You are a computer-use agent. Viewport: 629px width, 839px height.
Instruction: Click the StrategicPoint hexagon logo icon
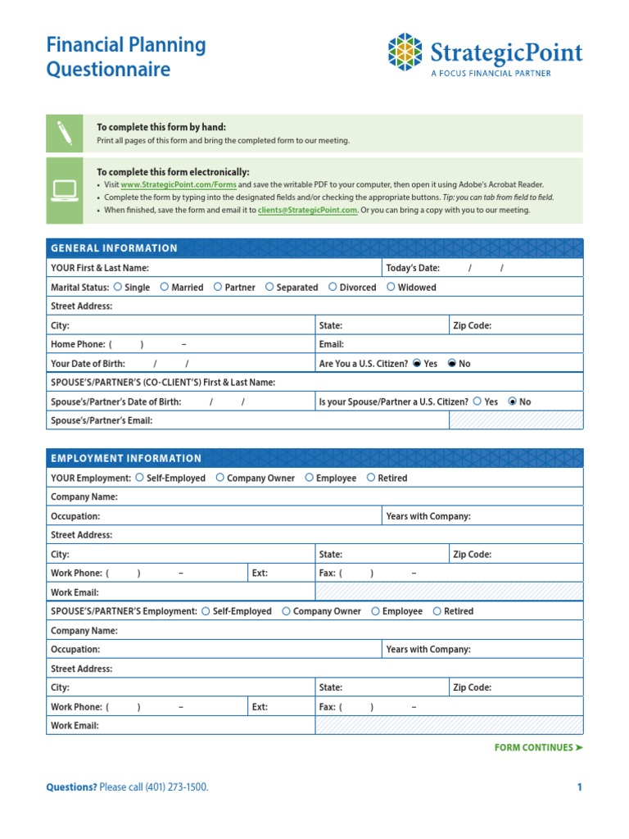pyautogui.click(x=405, y=52)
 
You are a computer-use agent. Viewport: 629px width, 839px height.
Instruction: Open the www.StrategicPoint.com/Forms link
pyautogui.click(x=179, y=185)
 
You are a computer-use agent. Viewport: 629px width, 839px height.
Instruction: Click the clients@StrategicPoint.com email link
pyautogui.click(x=308, y=210)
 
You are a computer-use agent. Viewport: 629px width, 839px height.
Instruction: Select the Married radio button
pyautogui.click(x=165, y=287)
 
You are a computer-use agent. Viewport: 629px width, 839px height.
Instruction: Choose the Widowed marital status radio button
pyautogui.click(x=391, y=287)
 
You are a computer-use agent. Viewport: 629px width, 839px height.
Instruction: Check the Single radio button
pyautogui.click(x=119, y=287)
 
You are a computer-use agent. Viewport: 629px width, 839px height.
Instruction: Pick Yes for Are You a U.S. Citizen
pyautogui.click(x=418, y=364)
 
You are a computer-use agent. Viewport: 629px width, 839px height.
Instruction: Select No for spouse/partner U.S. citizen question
pyautogui.click(x=514, y=401)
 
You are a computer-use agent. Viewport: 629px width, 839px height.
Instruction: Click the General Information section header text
pyautogui.click(x=114, y=248)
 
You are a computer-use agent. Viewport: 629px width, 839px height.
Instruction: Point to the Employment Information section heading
pyautogui.click(x=126, y=458)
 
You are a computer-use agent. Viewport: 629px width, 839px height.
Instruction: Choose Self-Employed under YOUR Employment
pyautogui.click(x=140, y=478)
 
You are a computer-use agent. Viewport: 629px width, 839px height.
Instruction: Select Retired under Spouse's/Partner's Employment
pyautogui.click(x=437, y=611)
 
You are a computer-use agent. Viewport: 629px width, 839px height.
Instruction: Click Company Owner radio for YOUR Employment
pyautogui.click(x=220, y=478)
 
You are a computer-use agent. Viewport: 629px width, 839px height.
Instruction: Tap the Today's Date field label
pyautogui.click(x=413, y=268)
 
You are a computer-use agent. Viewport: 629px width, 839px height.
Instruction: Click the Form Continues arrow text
pyautogui.click(x=539, y=747)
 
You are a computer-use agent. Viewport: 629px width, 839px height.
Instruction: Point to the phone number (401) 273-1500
pyautogui.click(x=176, y=787)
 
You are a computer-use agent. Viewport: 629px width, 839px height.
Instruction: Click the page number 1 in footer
pyautogui.click(x=579, y=787)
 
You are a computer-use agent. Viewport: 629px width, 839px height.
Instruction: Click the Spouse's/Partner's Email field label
pyautogui.click(x=102, y=420)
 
